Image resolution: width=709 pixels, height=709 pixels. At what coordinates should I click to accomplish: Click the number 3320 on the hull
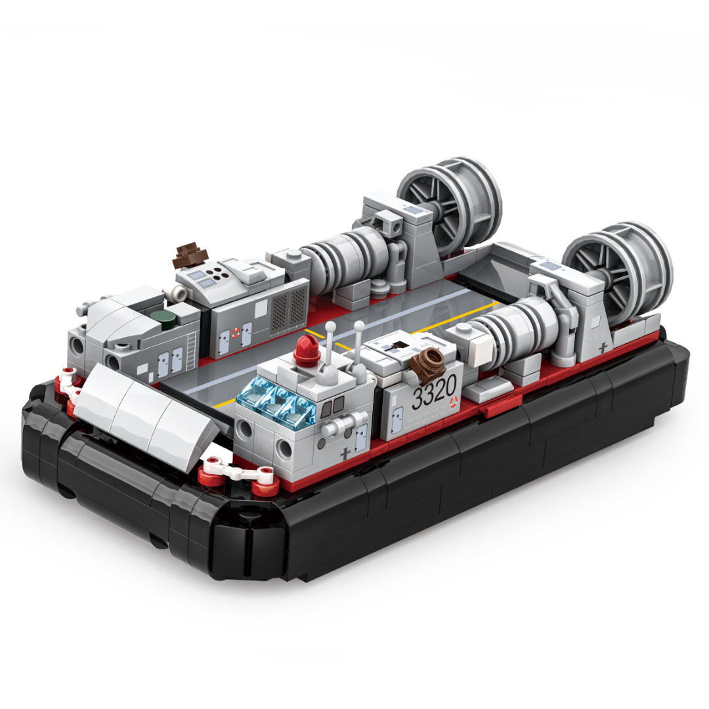tap(434, 393)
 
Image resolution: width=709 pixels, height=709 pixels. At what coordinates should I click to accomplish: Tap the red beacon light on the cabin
tap(307, 351)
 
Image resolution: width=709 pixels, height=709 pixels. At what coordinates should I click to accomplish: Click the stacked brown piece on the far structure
tap(190, 255)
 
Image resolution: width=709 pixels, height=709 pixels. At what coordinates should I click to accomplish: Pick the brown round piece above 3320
tap(427, 360)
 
